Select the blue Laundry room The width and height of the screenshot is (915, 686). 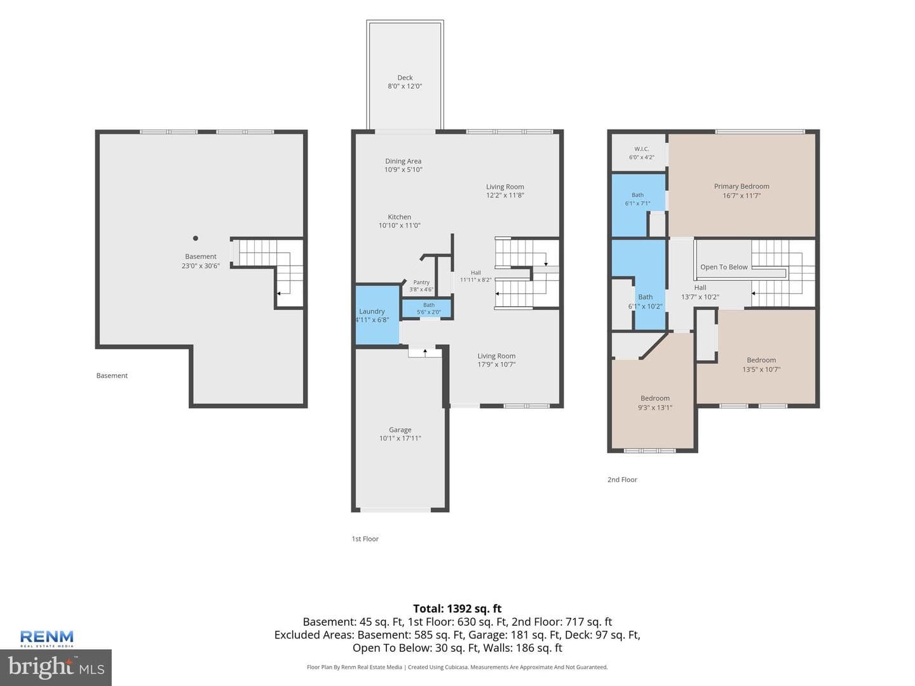377,315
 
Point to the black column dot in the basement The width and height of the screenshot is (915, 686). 195,238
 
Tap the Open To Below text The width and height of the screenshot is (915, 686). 724,267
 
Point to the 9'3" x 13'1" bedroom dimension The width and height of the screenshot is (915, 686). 655,407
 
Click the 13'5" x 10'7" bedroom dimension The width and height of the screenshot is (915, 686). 761,369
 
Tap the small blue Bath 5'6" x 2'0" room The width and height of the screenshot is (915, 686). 427,309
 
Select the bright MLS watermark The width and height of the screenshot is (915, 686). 56,667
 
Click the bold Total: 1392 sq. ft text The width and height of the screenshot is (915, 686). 457,609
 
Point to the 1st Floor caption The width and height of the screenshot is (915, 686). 365,539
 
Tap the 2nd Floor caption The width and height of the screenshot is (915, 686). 622,480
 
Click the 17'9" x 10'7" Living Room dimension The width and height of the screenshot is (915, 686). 496,365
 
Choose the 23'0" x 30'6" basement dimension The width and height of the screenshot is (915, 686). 201,266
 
